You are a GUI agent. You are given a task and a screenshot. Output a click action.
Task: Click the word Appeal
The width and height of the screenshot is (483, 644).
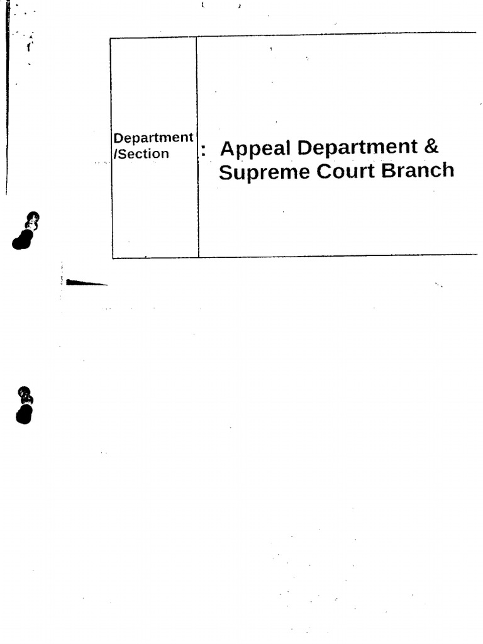(255, 149)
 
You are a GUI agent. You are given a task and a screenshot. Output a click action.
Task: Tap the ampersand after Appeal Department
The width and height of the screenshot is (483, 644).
(430, 147)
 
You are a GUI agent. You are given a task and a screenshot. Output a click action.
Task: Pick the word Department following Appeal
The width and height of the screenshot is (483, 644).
(357, 148)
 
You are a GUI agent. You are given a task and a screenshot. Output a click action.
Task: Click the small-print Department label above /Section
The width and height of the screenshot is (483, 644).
(153, 138)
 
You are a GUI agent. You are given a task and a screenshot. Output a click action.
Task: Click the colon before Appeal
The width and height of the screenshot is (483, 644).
(204, 151)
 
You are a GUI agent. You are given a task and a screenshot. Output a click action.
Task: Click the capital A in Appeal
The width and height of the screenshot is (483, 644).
(227, 148)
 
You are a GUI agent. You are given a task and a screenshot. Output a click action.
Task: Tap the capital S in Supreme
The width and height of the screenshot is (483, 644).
(225, 172)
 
